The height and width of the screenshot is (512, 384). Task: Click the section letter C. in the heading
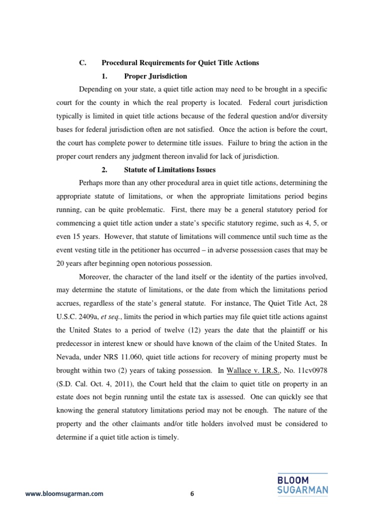[83, 62]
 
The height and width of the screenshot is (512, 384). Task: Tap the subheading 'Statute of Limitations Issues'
[170, 170]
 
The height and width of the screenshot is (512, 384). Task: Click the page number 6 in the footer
[191, 494]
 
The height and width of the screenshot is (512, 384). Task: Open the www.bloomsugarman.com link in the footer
[64, 494]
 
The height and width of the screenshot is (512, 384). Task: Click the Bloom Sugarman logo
[302, 483]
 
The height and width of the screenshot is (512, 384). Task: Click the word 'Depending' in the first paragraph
[96, 89]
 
